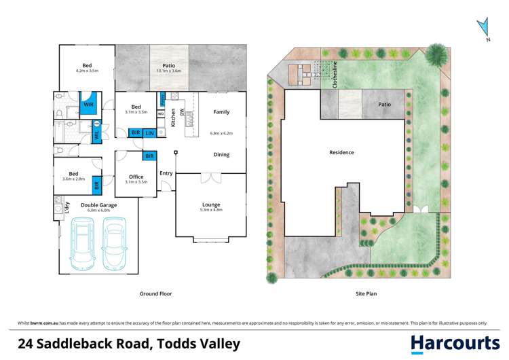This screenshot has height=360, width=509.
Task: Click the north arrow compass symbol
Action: click(x=483, y=29)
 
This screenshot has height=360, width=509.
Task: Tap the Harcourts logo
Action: click(x=455, y=343)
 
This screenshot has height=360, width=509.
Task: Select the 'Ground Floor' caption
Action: click(x=155, y=294)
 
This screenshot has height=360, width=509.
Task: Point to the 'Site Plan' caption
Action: click(x=366, y=294)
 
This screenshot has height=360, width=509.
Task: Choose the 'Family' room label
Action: click(x=221, y=112)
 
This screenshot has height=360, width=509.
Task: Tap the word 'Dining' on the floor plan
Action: click(x=221, y=155)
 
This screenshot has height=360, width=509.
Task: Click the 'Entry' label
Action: click(x=166, y=173)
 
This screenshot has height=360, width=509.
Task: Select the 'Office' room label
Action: click(x=136, y=177)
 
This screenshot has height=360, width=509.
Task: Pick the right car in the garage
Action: click(x=116, y=245)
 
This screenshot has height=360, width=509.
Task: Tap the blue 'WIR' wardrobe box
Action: click(x=89, y=105)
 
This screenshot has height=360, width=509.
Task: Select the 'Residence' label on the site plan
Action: click(x=341, y=153)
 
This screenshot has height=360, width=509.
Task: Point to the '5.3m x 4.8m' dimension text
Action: click(x=211, y=210)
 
